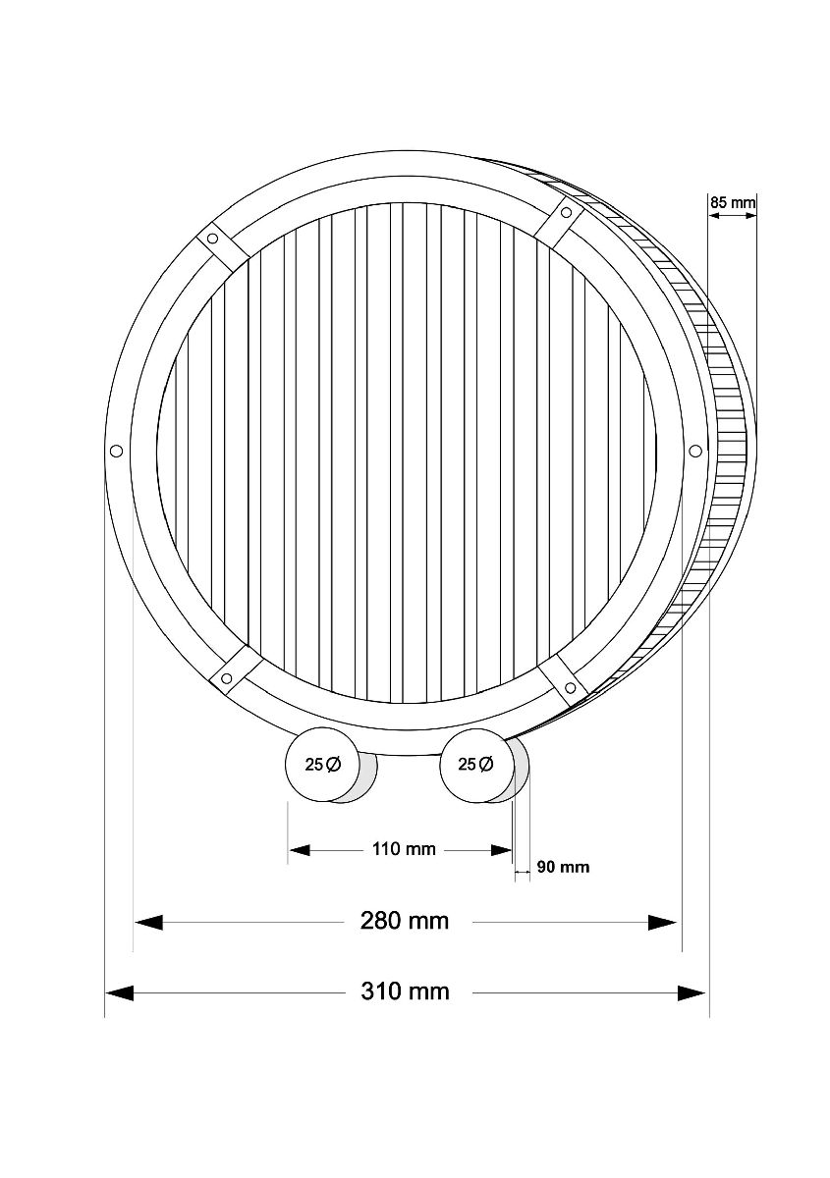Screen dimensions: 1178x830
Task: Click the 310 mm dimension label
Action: [405, 991]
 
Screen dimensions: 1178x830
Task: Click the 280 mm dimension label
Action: [405, 921]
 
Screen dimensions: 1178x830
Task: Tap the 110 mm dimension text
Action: [404, 849]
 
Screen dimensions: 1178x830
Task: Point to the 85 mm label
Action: [732, 203]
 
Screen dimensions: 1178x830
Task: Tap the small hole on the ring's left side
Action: [115, 451]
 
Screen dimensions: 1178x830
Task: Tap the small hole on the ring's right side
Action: [694, 450]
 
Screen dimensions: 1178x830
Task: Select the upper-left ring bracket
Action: [213, 239]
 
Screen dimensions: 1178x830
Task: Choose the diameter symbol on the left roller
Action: [333, 765]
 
